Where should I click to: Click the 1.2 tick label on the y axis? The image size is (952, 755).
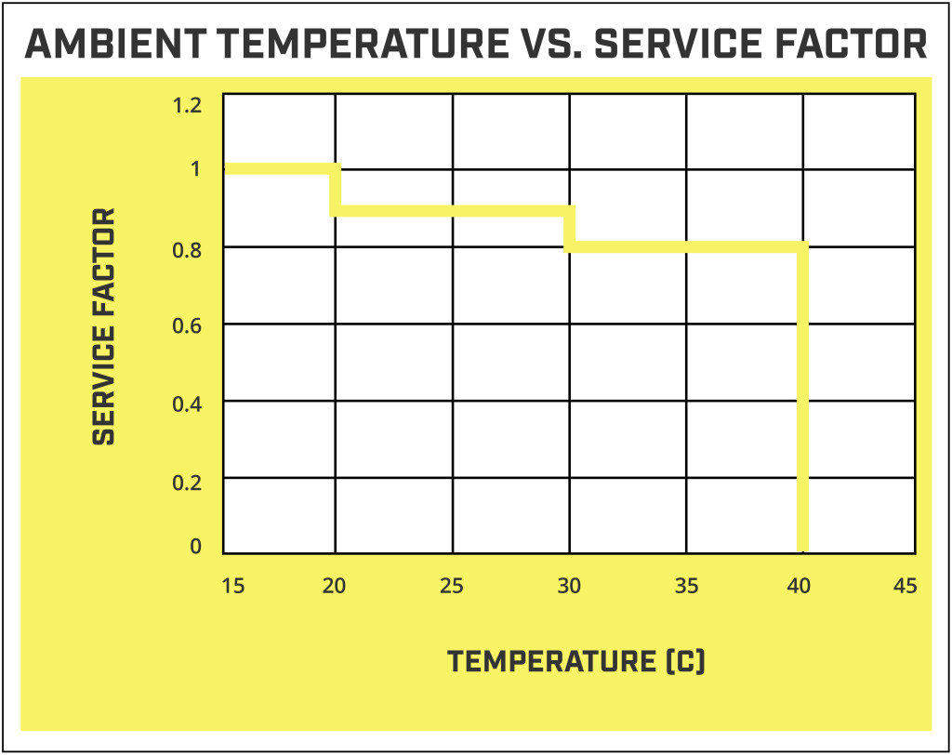click(x=188, y=105)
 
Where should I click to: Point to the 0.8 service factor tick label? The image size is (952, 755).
click(x=188, y=249)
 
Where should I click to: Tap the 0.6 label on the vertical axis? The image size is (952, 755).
click(x=188, y=325)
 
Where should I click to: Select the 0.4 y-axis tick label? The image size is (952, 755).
click(x=188, y=403)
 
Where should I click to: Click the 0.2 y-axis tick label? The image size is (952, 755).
click(x=188, y=480)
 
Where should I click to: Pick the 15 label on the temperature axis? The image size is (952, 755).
click(x=233, y=586)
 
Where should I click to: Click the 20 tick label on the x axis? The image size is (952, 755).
click(x=335, y=586)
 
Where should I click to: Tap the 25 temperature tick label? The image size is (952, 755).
click(x=452, y=586)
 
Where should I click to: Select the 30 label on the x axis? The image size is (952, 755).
click(x=569, y=586)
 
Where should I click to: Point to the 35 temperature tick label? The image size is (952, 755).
click(x=686, y=586)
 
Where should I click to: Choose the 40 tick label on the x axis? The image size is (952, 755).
click(x=799, y=586)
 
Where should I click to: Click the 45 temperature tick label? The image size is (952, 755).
click(x=905, y=586)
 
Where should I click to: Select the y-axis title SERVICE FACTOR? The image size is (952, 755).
click(x=104, y=326)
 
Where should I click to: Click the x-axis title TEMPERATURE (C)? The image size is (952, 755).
click(x=576, y=662)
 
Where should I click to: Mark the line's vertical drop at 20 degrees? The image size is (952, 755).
click(x=336, y=191)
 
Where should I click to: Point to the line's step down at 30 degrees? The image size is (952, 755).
click(x=570, y=229)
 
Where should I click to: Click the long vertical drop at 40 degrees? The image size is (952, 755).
click(x=802, y=400)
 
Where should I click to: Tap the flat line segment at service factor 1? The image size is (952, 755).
click(x=279, y=169)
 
